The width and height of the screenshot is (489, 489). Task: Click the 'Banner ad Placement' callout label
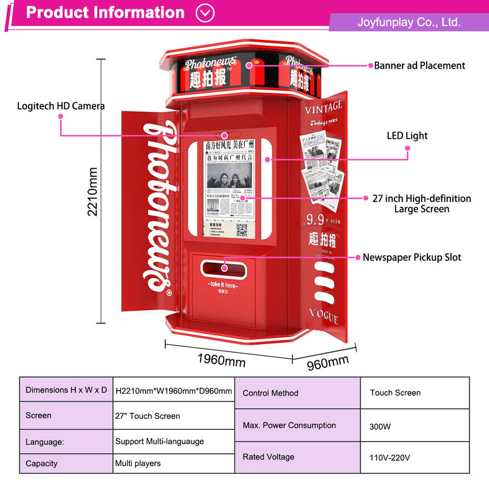[x=419, y=66]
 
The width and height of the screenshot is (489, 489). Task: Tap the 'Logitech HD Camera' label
[x=61, y=106]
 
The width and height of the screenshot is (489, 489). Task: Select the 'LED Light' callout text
[x=407, y=136]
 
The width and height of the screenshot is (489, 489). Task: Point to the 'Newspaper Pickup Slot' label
[x=412, y=257]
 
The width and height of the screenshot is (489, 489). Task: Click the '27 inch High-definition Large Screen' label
[x=421, y=204]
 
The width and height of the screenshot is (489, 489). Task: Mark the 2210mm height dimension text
[x=93, y=192]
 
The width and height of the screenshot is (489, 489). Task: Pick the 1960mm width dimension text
[x=221, y=360]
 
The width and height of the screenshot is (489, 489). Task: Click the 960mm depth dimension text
[x=328, y=363]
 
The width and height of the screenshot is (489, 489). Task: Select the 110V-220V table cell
[x=390, y=458]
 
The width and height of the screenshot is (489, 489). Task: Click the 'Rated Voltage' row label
[x=268, y=457]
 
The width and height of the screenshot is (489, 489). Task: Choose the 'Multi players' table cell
[x=138, y=464]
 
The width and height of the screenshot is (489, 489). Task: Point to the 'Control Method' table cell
[x=270, y=393]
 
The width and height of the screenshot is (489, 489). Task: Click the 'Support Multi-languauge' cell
[x=159, y=441]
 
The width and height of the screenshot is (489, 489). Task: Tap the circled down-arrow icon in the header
[x=205, y=13]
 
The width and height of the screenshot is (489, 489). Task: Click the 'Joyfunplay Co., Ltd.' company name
[x=409, y=22]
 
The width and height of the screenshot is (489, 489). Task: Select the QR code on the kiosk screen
[x=241, y=230]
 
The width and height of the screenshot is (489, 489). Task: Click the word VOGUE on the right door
[x=323, y=316]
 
